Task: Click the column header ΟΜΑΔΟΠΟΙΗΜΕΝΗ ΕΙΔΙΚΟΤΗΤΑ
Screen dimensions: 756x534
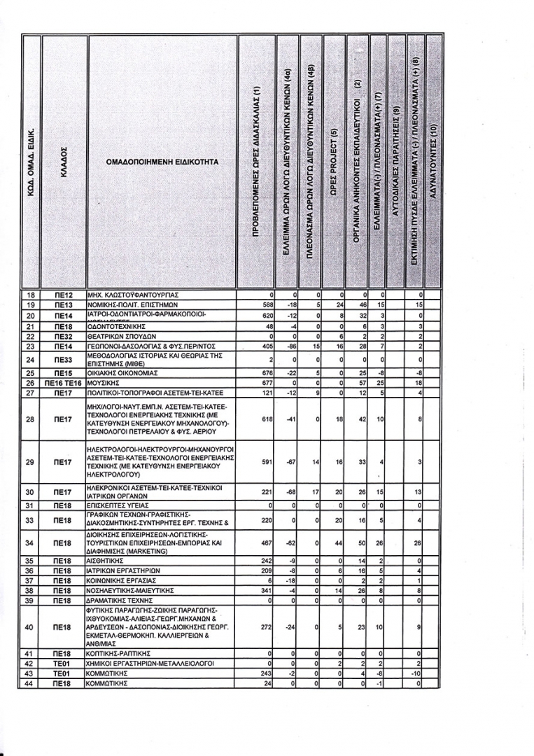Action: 162,162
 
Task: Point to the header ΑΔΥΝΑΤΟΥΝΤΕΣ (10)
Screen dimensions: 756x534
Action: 433,162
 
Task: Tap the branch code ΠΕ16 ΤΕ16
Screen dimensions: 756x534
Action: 64,384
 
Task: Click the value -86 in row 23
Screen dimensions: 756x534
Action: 290,346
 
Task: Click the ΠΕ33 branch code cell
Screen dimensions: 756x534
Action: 64,360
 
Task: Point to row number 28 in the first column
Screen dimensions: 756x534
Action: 30,419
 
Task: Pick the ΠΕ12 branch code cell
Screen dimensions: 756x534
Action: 64,295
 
